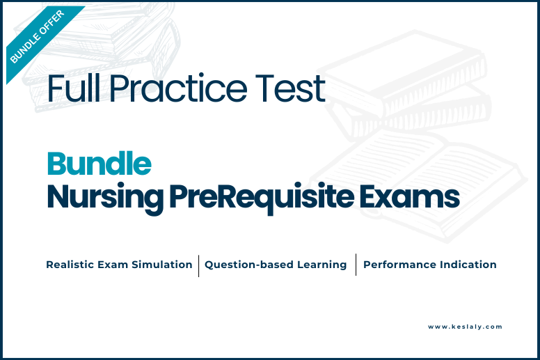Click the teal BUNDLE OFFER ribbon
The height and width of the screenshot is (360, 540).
click(x=41, y=40)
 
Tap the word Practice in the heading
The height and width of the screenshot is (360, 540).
click(x=178, y=88)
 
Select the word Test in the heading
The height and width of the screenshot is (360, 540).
click(x=290, y=88)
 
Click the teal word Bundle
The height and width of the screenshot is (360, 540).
click(x=100, y=164)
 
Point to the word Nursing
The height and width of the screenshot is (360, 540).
click(x=105, y=198)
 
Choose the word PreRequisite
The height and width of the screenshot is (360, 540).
click(x=262, y=198)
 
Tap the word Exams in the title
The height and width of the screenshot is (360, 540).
click(x=410, y=196)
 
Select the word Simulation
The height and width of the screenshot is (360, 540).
click(x=162, y=265)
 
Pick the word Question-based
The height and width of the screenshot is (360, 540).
click(x=249, y=265)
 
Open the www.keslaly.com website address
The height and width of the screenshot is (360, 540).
click(x=465, y=327)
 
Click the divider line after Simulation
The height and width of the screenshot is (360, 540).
click(x=199, y=265)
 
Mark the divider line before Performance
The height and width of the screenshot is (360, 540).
click(x=356, y=265)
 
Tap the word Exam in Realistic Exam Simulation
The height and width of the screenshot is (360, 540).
click(x=113, y=265)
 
